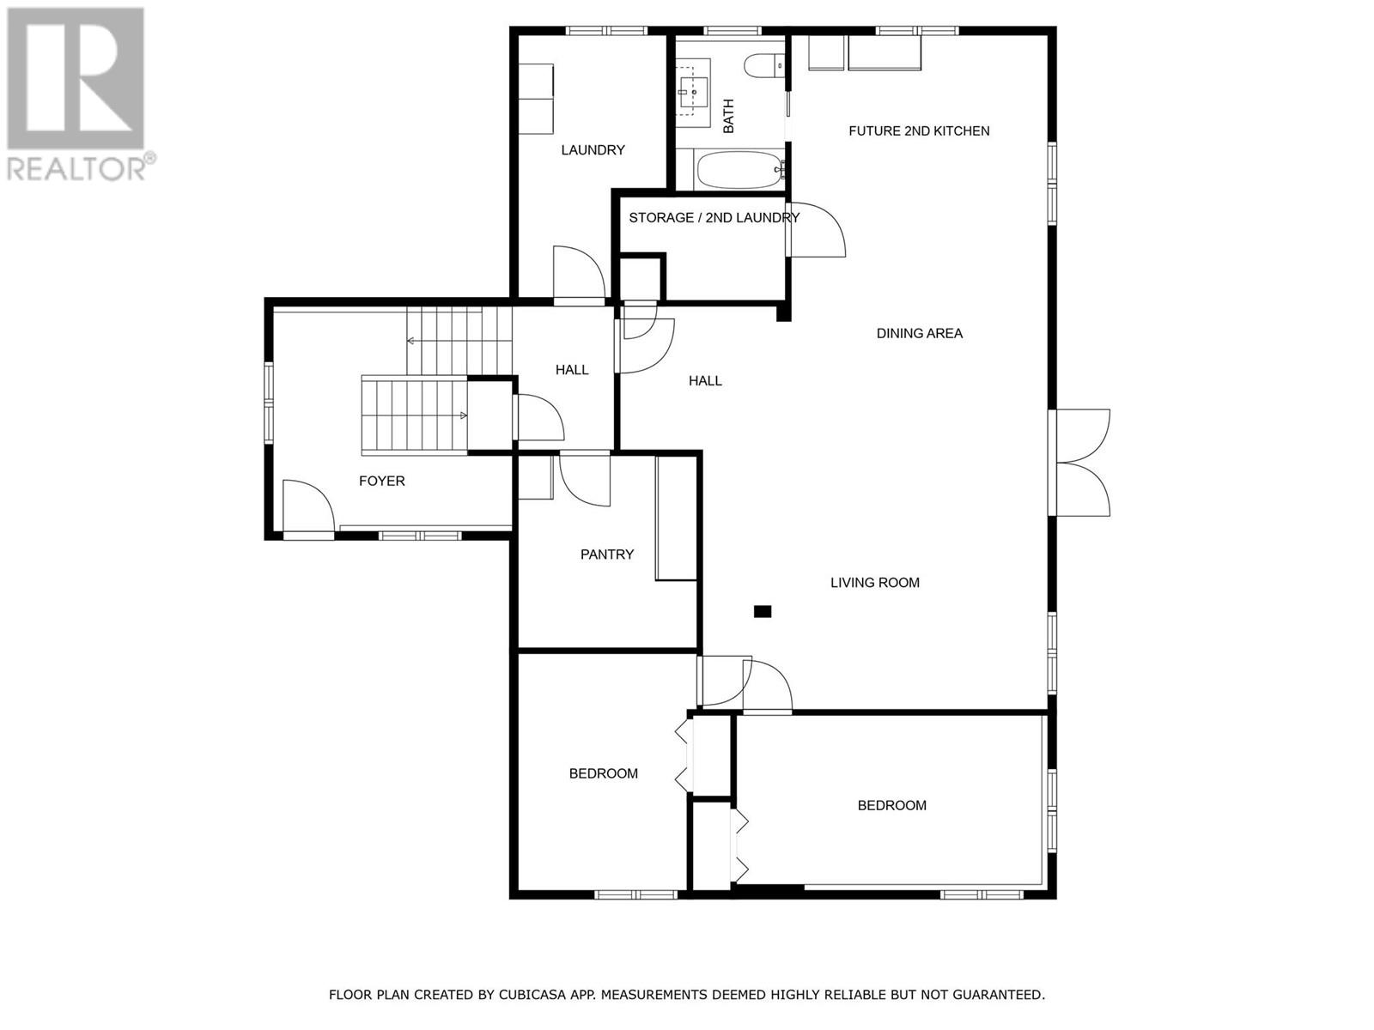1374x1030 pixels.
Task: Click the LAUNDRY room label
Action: [x=593, y=150]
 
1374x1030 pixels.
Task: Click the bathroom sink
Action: [x=692, y=88]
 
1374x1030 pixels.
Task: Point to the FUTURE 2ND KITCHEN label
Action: [x=919, y=131]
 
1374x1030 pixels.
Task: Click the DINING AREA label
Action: [x=919, y=333]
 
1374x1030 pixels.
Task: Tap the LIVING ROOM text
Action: [x=874, y=583]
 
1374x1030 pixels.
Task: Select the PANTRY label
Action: [x=607, y=554]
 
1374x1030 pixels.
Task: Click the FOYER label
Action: [x=381, y=481]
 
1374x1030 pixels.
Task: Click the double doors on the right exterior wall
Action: [x=1082, y=463]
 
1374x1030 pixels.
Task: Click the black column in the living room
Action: [x=763, y=612]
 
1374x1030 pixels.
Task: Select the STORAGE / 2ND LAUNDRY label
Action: [x=714, y=218]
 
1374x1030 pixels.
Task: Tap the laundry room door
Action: [x=579, y=274]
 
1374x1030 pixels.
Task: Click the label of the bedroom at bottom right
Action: [x=891, y=805]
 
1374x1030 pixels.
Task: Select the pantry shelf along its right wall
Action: [x=676, y=518]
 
